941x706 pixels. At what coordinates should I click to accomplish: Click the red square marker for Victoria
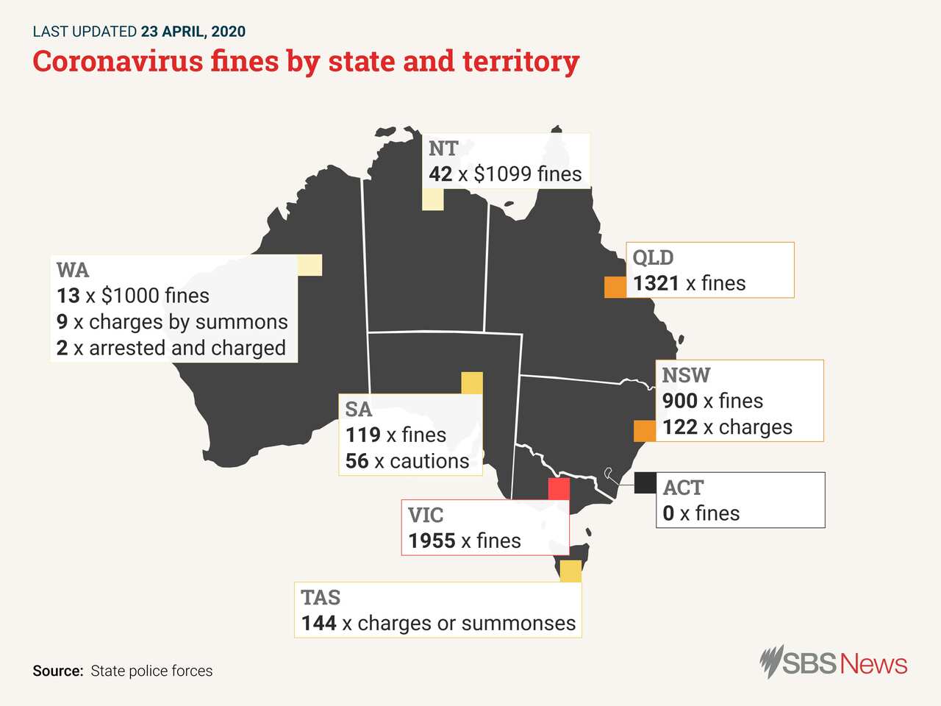pos(559,488)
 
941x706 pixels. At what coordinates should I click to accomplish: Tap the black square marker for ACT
pos(645,482)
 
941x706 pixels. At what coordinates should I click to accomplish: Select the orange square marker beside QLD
pos(615,287)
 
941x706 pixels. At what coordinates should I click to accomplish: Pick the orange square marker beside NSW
pos(645,430)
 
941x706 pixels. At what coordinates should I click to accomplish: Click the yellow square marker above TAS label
pos(570,571)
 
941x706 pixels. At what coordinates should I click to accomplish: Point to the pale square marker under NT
pos(433,199)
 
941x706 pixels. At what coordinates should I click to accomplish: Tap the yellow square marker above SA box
pos(472,383)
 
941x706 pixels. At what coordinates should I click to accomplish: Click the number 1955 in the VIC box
pos(432,541)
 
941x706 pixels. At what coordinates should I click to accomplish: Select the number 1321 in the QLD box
pos(656,283)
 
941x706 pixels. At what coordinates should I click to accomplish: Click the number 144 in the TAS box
pos(318,623)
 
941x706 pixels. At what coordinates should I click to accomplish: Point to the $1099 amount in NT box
pos(502,174)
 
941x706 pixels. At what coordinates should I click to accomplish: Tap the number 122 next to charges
pos(679,427)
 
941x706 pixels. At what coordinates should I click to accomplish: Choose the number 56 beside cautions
pos(357,461)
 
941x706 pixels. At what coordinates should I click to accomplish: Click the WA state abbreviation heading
pos(73,270)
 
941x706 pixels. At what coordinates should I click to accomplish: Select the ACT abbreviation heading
pos(683,488)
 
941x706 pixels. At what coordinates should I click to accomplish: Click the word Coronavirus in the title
pos(118,61)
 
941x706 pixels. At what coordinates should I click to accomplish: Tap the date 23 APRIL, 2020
pos(193,32)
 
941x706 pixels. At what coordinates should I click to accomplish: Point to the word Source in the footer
pos(57,671)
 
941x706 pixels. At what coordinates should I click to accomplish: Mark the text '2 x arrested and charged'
pos(171,348)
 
